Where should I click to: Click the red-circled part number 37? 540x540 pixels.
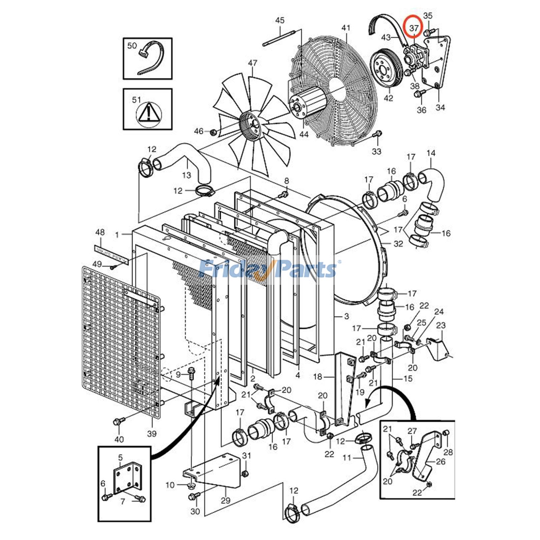pyautogui.click(x=414, y=29)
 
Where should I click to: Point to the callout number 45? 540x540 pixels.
pyautogui.click(x=280, y=20)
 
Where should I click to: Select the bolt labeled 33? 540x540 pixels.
pyautogui.click(x=377, y=134)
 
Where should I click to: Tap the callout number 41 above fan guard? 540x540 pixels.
pyautogui.click(x=346, y=28)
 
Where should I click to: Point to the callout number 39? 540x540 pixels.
pyautogui.click(x=152, y=433)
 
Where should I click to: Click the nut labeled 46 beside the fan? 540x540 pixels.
pyautogui.click(x=213, y=132)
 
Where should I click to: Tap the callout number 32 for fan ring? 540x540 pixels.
pyautogui.click(x=398, y=244)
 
